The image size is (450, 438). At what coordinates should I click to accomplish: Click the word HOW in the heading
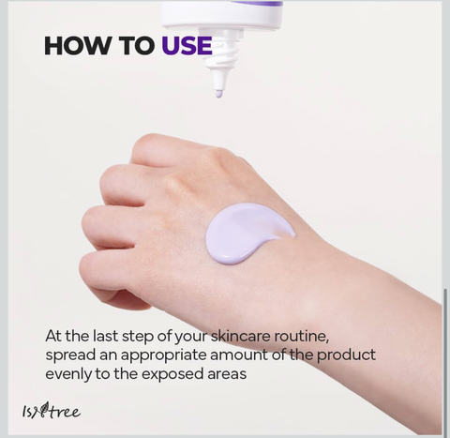click(78, 46)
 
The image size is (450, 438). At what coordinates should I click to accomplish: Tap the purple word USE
click(187, 46)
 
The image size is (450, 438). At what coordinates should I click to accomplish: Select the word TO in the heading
click(137, 46)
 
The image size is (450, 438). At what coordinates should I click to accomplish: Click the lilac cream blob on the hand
click(247, 233)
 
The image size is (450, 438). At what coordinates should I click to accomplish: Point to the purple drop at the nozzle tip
click(218, 94)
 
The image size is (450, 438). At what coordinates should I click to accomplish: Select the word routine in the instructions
click(301, 337)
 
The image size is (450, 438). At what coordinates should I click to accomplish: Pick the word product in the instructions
click(346, 355)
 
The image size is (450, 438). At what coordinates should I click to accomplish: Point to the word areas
click(227, 374)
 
